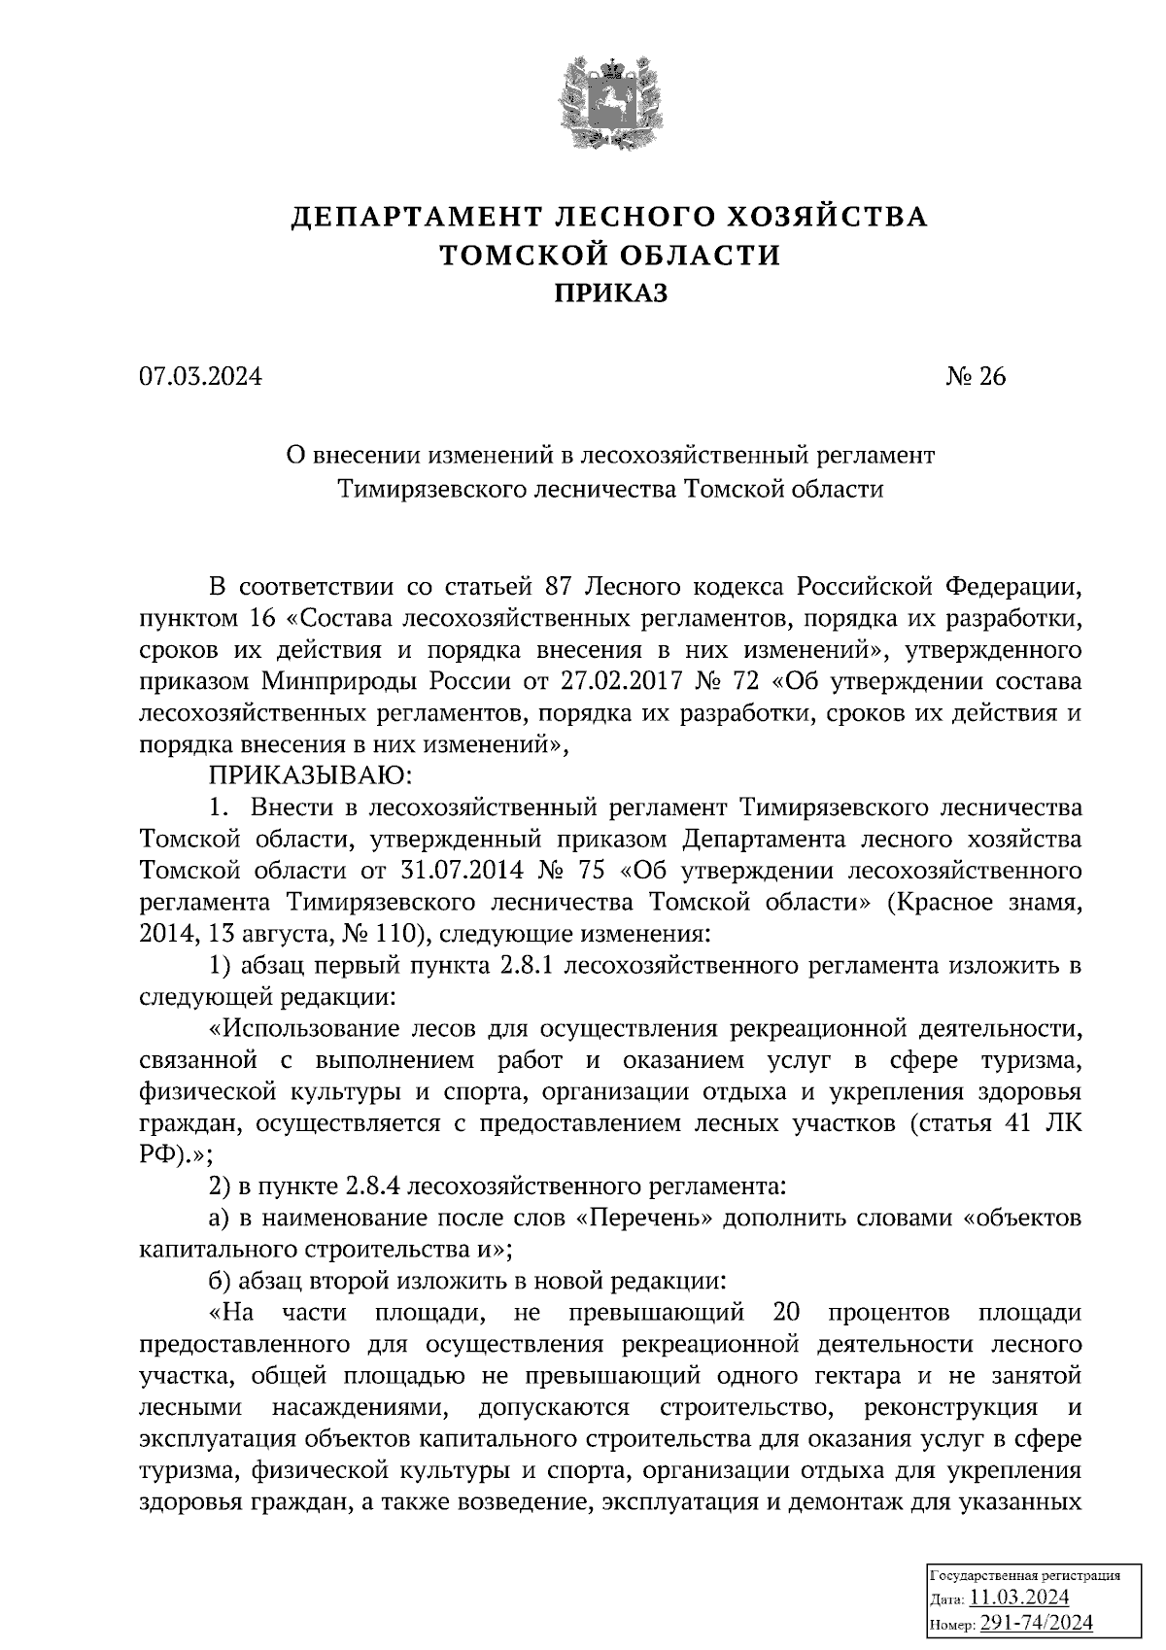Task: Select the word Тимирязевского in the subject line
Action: pyautogui.click(x=433, y=490)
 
